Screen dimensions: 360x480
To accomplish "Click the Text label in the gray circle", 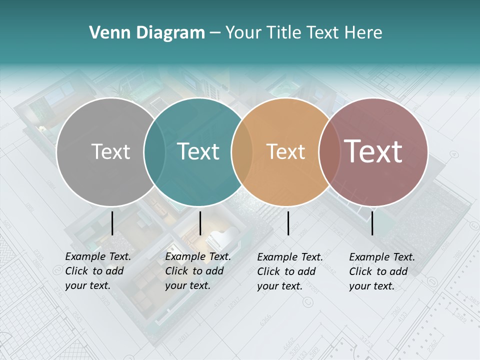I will coord(110,151).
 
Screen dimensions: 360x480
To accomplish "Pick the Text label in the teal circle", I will coord(198,151).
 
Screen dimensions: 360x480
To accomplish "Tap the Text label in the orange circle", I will coord(285,151).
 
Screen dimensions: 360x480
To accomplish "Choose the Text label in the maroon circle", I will coord(373,151).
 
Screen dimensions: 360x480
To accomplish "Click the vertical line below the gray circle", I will coord(112,223).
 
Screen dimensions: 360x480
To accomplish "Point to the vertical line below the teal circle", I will coord(200,223).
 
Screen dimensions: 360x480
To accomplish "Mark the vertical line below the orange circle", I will coord(288,223).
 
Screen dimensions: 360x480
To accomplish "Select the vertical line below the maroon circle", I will coord(372,223).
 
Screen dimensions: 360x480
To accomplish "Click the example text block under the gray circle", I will coord(98,271).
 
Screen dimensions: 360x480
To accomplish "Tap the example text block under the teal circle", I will coord(198,271).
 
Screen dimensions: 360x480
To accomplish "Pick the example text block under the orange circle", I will coord(290,271).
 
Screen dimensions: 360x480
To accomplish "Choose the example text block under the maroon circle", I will coord(382,271).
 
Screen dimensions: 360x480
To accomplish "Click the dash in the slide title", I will coord(215,33).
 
